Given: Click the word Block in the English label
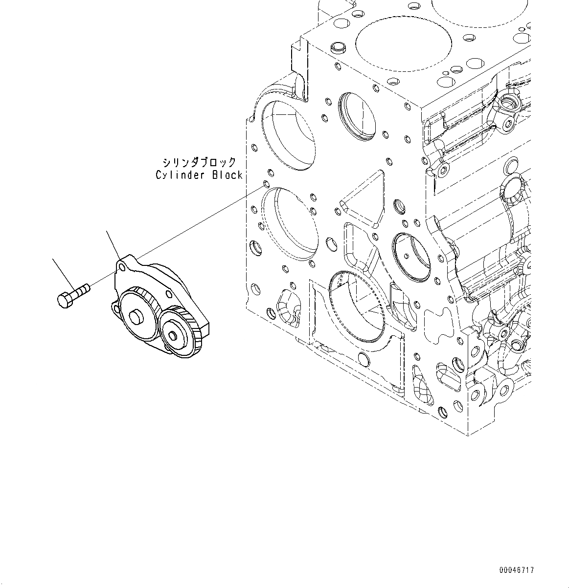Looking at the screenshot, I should (x=227, y=175).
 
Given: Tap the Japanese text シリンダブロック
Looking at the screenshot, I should (x=199, y=162).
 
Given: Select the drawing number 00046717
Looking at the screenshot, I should (x=517, y=570).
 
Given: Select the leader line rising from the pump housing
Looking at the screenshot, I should (x=114, y=245).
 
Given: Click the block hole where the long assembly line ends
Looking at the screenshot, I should (x=266, y=184).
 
